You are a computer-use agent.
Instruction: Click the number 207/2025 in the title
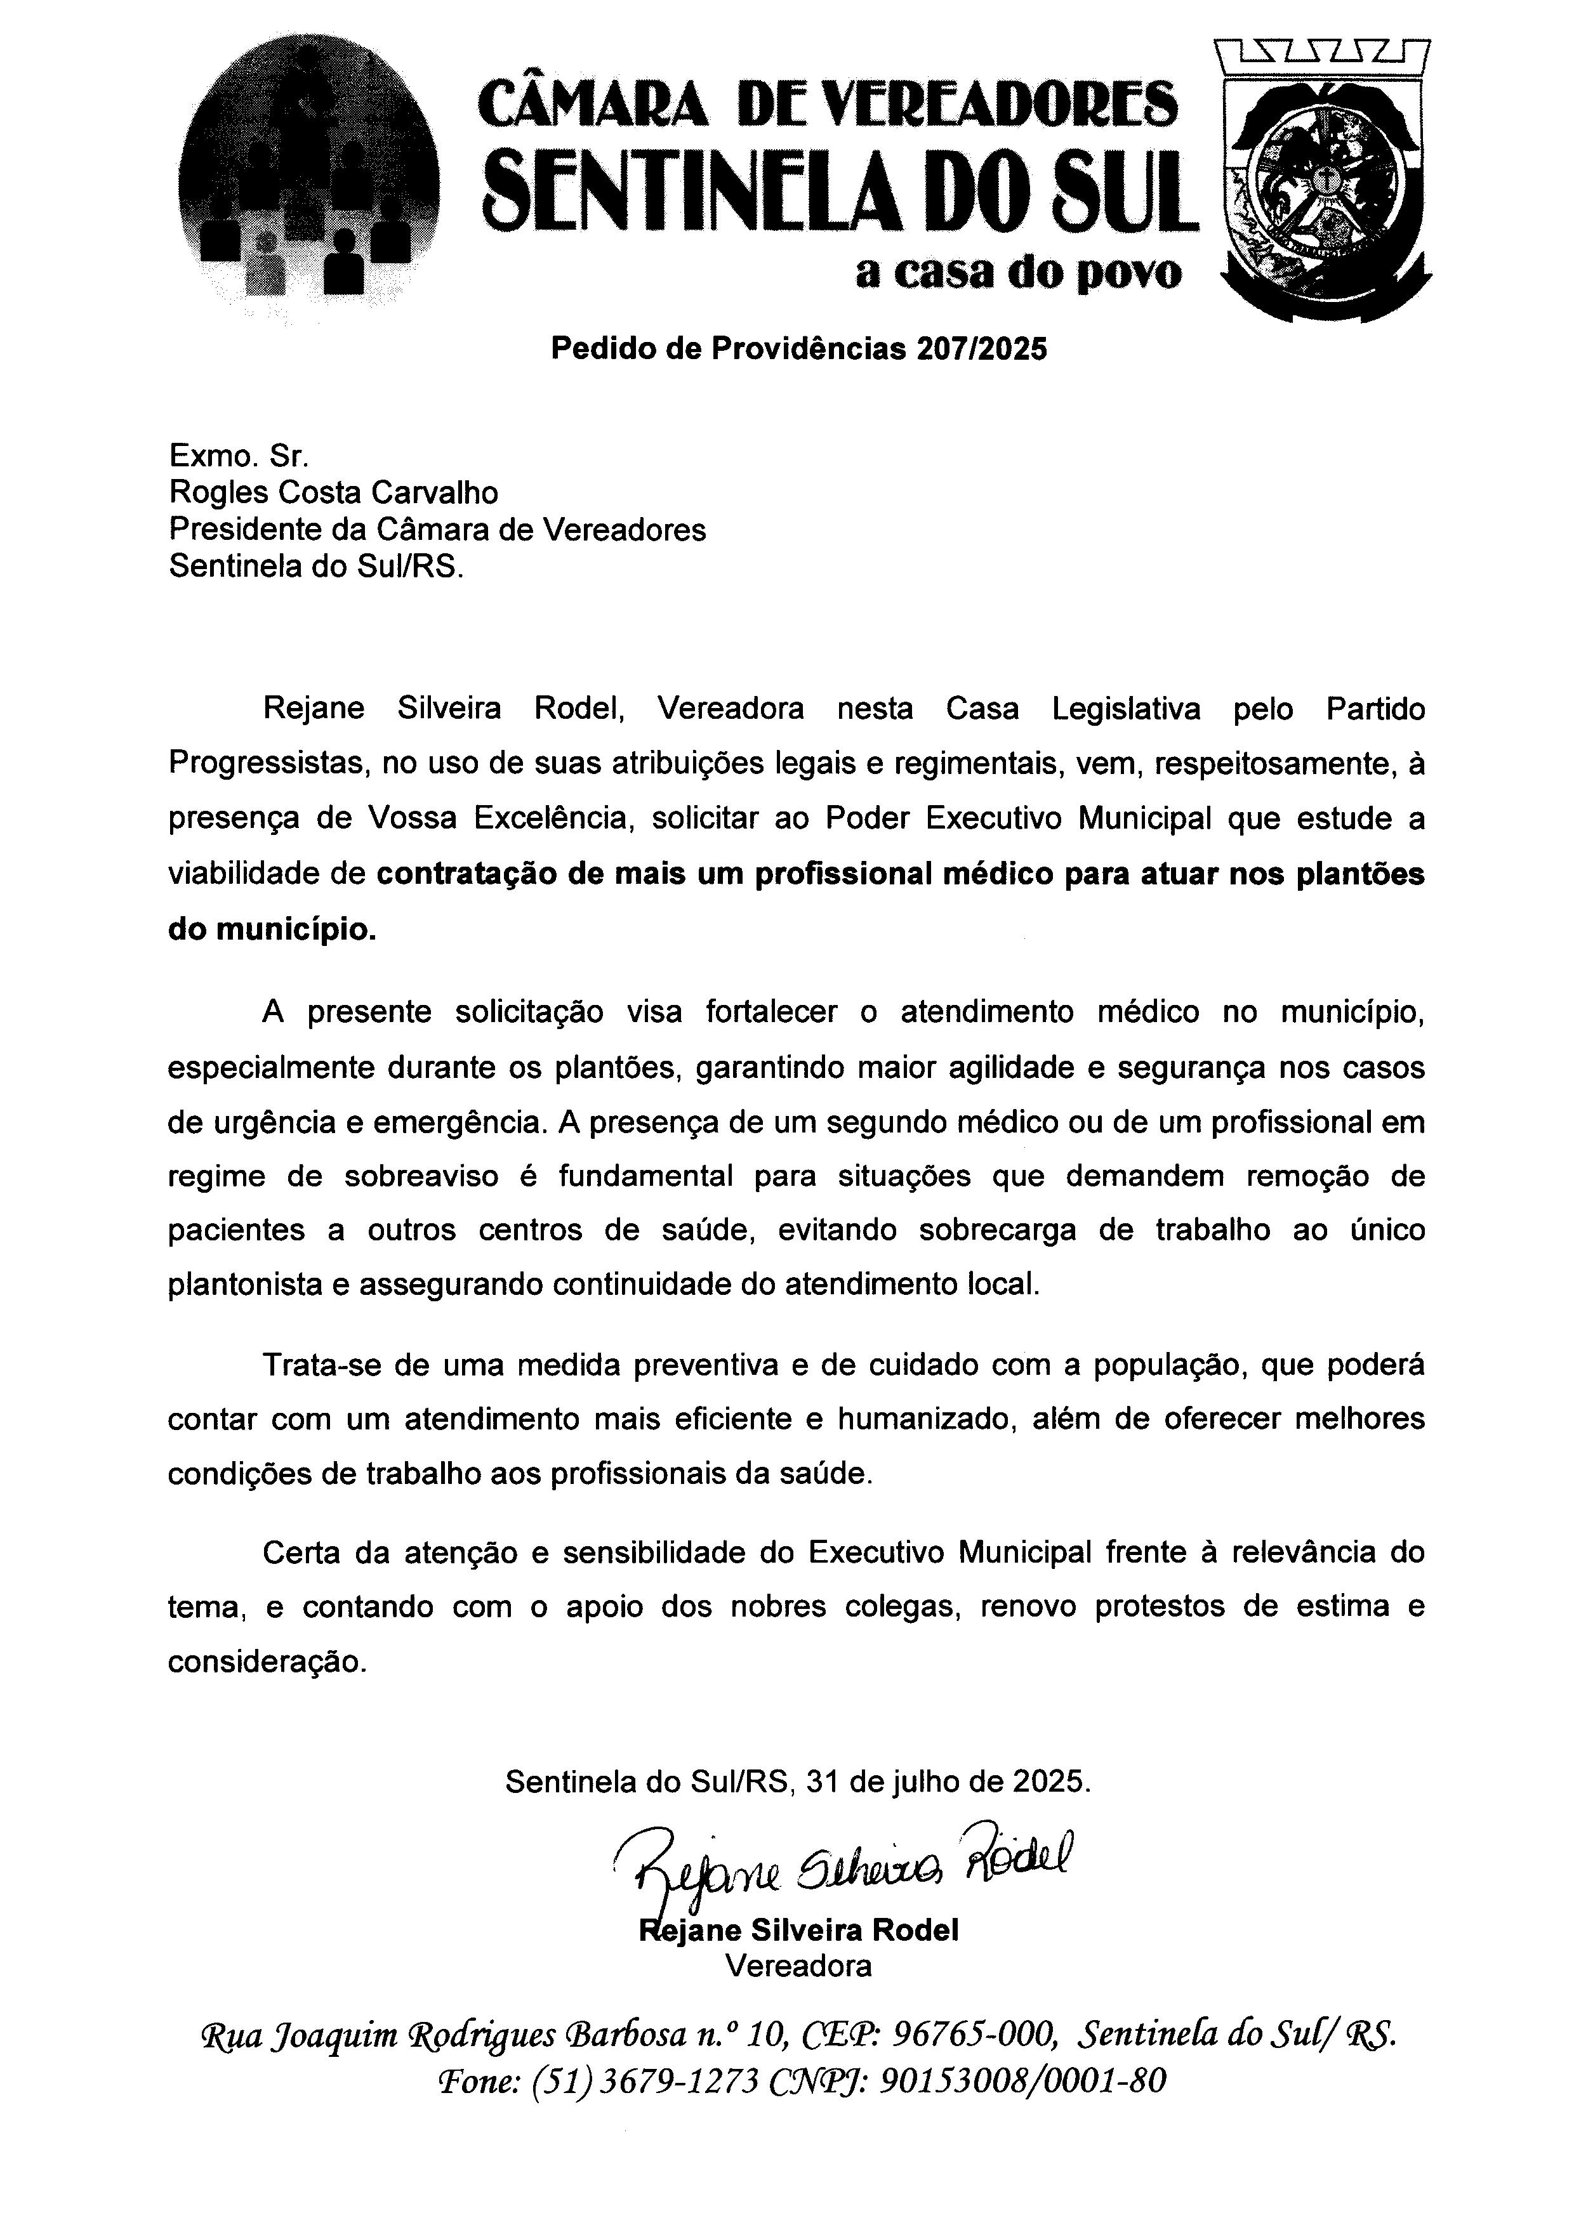(x=980, y=349)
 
